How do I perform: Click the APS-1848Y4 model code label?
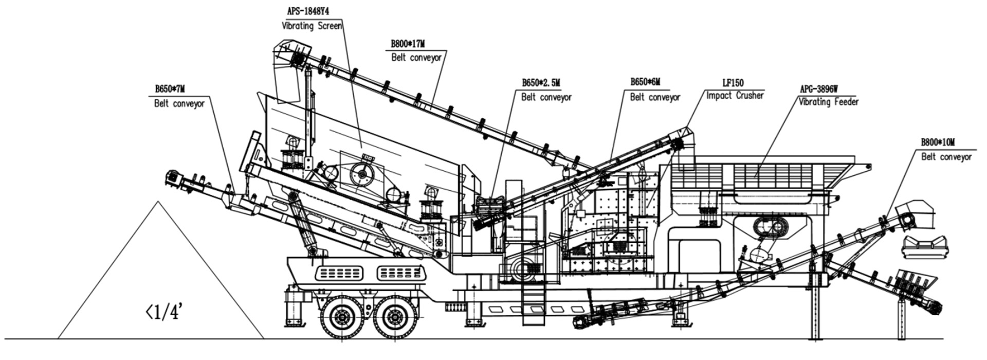308,12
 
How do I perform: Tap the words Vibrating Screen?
312,26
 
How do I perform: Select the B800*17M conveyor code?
408,44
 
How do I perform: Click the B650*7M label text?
170,89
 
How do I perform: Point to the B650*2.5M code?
541,83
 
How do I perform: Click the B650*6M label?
645,82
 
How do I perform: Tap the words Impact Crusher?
735,96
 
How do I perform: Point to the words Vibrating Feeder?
828,102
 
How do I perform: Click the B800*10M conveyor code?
938,143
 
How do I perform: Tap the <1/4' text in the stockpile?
163,312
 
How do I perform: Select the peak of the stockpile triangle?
159,203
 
